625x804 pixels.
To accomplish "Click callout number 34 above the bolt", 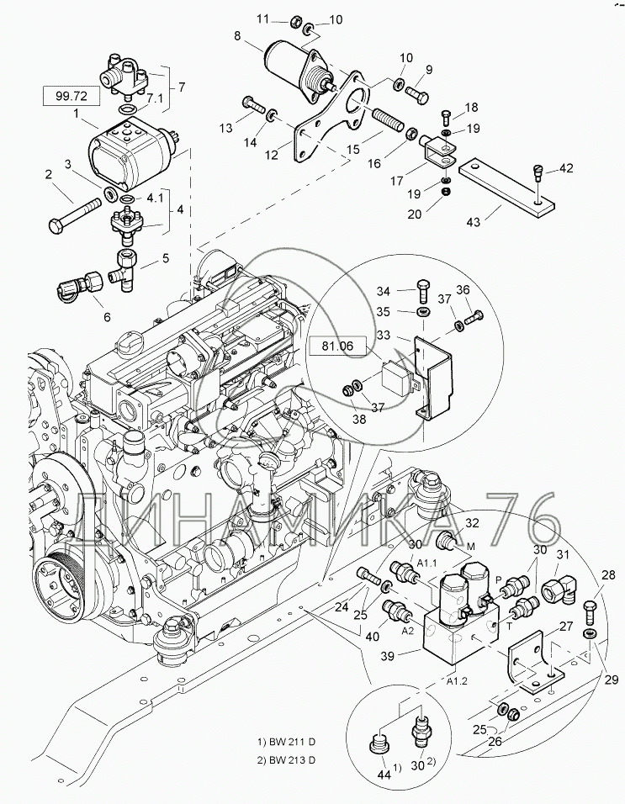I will point(384,292).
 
